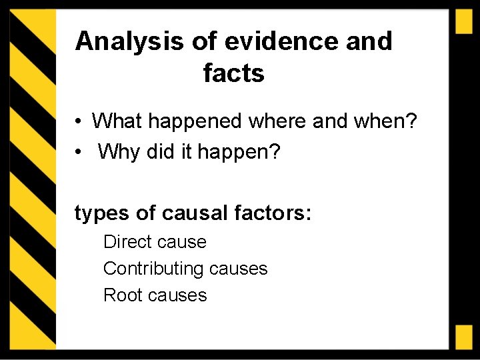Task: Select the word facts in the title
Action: pos(234,73)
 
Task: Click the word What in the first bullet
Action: pos(118,121)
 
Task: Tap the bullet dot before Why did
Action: pos(79,153)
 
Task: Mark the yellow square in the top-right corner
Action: pos(464,22)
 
